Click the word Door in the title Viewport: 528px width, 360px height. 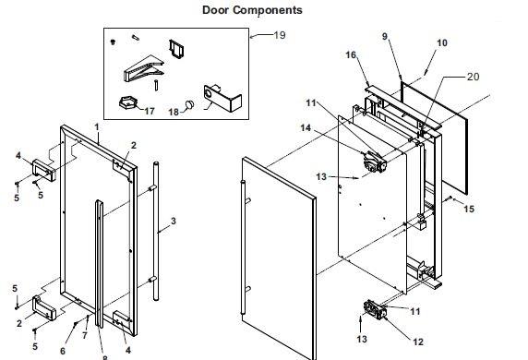click(216, 10)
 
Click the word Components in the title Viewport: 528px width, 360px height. click(268, 10)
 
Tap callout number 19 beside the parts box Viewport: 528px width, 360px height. click(280, 35)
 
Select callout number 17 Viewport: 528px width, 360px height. click(150, 111)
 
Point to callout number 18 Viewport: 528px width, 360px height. click(174, 112)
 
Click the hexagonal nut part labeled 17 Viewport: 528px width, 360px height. click(128, 102)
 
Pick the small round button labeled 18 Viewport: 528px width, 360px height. click(190, 104)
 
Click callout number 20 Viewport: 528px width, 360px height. click(474, 77)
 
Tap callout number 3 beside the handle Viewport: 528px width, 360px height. click(174, 222)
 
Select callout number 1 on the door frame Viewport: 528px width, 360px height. click(97, 127)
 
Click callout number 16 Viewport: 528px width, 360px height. click(351, 54)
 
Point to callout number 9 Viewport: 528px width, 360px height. click(385, 36)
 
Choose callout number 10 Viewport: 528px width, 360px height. click(442, 42)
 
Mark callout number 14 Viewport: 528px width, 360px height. click(306, 127)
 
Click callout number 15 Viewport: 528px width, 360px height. click(469, 209)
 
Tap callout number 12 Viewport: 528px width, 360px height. click(417, 342)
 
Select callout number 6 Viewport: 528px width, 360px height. click(63, 351)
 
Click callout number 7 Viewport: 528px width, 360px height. click(85, 335)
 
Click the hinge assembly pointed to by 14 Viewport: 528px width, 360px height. click(375, 162)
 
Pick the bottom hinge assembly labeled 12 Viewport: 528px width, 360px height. click(375, 309)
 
